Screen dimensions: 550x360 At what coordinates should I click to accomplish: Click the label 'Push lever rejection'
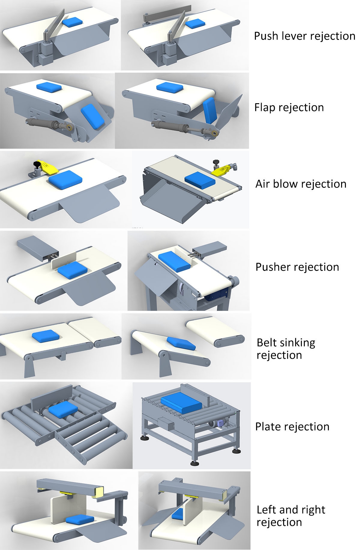(304, 36)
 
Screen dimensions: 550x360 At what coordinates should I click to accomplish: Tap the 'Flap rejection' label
(289, 107)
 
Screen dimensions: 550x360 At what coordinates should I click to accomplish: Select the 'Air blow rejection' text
(301, 184)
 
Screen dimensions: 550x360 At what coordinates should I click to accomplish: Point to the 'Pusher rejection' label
(297, 267)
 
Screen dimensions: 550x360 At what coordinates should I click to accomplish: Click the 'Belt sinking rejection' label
(286, 349)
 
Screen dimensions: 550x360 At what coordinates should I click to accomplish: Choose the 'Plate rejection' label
(292, 427)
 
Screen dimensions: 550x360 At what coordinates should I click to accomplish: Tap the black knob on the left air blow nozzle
(37, 164)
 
